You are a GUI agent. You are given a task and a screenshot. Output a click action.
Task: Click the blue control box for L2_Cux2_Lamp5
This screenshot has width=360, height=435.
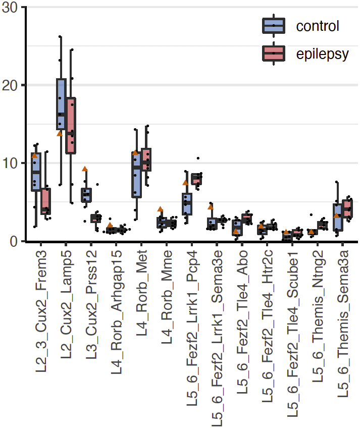(61, 104)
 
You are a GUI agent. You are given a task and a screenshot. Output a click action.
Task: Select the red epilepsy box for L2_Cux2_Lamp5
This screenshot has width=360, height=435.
(71, 126)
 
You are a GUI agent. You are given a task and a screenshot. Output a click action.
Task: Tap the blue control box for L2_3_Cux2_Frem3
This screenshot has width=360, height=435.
(36, 172)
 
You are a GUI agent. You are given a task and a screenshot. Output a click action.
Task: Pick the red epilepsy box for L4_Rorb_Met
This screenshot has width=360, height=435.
(146, 159)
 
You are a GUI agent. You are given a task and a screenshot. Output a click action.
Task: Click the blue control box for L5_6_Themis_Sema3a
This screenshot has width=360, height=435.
(338, 217)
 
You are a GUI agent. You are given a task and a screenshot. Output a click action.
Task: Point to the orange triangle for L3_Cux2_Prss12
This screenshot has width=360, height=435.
(85, 169)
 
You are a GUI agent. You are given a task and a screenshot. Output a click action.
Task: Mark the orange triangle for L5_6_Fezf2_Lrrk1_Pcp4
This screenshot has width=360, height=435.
(185, 183)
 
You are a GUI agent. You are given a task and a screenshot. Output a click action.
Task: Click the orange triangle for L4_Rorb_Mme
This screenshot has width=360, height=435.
(160, 209)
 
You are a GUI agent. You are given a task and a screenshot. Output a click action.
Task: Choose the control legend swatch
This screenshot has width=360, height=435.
(274, 25)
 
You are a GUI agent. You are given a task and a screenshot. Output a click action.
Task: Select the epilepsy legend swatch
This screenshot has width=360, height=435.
(274, 53)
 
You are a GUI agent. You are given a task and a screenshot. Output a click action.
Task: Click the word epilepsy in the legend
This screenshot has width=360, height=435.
(322, 53)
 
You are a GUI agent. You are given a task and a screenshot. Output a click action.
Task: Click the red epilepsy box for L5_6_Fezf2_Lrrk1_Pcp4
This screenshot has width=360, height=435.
(196, 179)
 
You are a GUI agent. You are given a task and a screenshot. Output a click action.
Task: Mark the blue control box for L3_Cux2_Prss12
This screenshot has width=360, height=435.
(86, 194)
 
